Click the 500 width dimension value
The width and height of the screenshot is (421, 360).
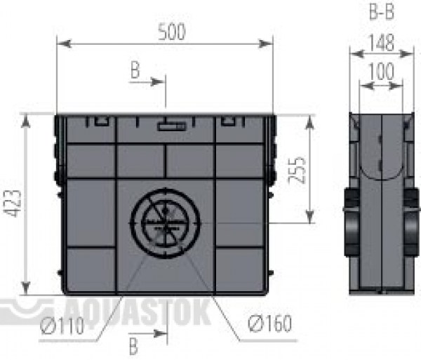click(x=172, y=32)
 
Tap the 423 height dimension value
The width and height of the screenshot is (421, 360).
click(x=12, y=204)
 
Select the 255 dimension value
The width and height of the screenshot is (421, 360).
click(x=297, y=171)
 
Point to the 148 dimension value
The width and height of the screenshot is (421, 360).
click(x=381, y=43)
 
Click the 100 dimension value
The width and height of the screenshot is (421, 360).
click(x=381, y=72)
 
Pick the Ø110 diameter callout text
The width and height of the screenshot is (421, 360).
click(x=62, y=326)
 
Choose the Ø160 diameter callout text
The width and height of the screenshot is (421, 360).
click(x=270, y=324)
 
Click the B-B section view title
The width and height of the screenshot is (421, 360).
click(x=382, y=12)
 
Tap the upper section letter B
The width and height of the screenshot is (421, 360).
click(x=135, y=69)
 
